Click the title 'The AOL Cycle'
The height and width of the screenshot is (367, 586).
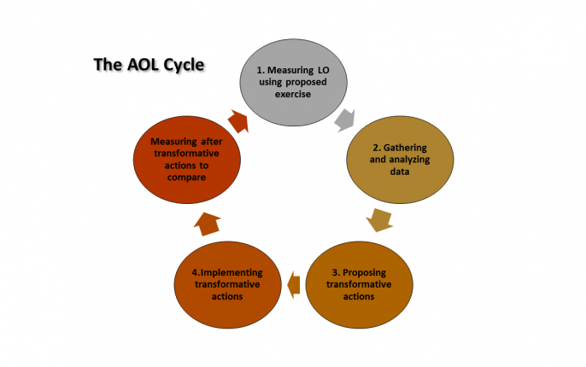(x=149, y=65)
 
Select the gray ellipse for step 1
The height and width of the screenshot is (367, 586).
(x=293, y=82)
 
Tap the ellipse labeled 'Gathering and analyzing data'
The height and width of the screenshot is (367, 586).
(x=400, y=160)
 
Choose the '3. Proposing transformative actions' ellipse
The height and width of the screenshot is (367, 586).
(x=359, y=285)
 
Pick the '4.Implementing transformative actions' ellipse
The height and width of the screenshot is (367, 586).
(x=227, y=285)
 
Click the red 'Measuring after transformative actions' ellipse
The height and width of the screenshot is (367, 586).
(x=187, y=160)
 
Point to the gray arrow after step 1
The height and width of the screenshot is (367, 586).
(x=345, y=120)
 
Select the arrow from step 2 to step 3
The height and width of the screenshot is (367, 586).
(x=379, y=220)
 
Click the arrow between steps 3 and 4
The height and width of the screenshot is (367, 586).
(x=294, y=285)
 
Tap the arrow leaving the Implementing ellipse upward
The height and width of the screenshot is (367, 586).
(x=207, y=224)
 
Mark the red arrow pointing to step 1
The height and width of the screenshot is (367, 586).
(x=239, y=121)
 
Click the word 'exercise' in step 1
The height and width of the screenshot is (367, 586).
(x=293, y=94)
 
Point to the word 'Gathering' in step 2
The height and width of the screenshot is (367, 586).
(x=405, y=148)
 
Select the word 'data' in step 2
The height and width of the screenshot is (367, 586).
(x=400, y=172)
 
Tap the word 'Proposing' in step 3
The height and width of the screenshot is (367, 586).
(x=365, y=273)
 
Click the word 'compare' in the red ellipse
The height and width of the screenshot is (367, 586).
(x=186, y=178)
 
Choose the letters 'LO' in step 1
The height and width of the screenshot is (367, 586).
(x=323, y=70)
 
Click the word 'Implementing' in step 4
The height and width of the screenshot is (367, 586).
(x=231, y=273)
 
